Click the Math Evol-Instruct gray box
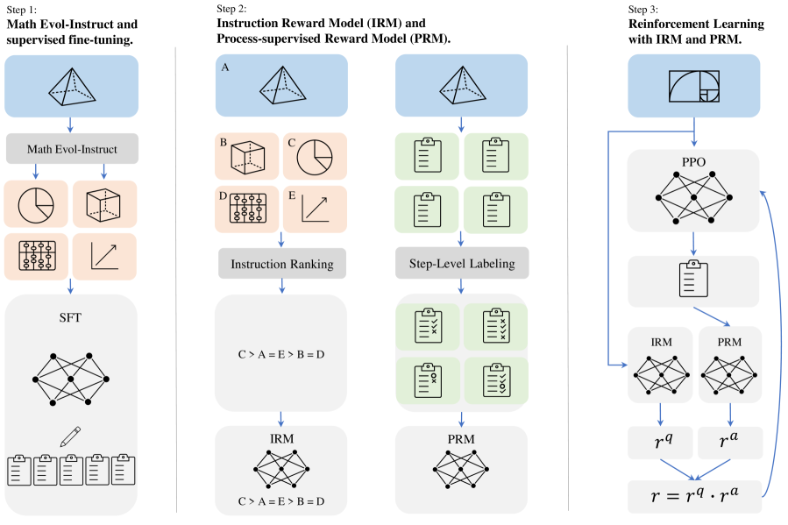point(72,149)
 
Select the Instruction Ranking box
point(281,264)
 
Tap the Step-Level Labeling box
point(461,264)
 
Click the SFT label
point(72,317)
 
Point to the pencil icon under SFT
point(70,437)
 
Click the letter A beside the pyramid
point(225,66)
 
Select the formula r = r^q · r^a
point(694,497)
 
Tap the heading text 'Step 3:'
point(647,9)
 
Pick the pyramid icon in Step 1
point(72,85)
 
